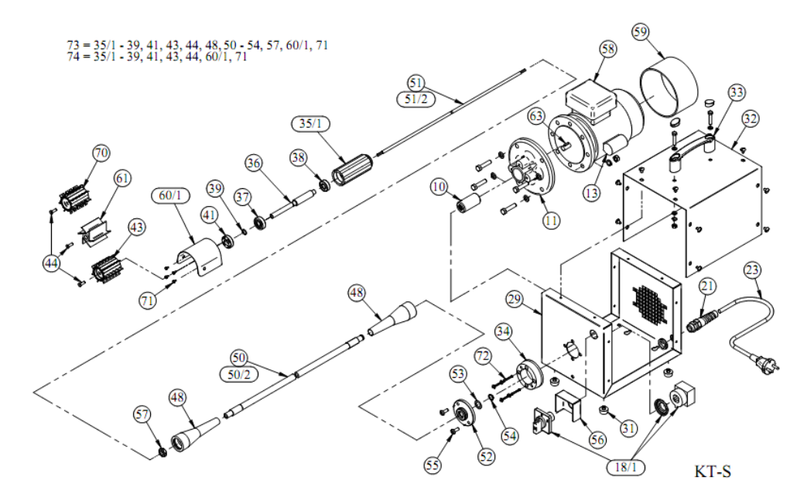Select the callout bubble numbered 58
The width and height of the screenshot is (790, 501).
click(607, 48)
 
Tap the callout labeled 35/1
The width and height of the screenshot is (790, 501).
click(313, 124)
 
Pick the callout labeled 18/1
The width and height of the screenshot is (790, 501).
click(627, 468)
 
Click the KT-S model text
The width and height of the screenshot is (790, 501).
click(712, 470)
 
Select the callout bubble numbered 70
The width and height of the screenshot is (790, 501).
click(101, 153)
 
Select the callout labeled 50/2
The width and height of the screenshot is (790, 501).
click(239, 375)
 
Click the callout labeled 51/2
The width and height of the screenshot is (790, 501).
click(417, 98)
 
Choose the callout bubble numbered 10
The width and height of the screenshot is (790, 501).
click(439, 187)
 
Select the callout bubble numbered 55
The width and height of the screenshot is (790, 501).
click(433, 465)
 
